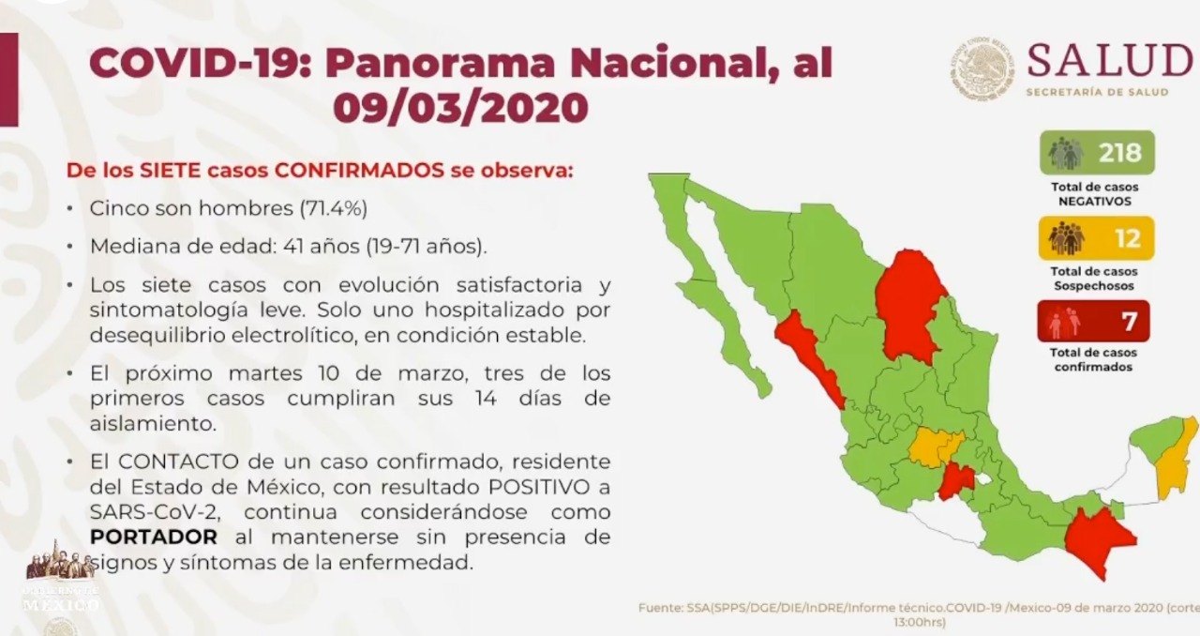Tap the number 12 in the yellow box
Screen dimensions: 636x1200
point(1127,238)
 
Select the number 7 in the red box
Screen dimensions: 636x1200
point(1130,322)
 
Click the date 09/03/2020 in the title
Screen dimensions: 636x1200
point(460,108)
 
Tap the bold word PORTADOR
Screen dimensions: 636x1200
point(154,538)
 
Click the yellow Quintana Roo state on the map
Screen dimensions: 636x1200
point(1174,460)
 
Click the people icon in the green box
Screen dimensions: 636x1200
point(1065,153)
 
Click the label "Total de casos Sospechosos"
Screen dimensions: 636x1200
point(1094,279)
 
